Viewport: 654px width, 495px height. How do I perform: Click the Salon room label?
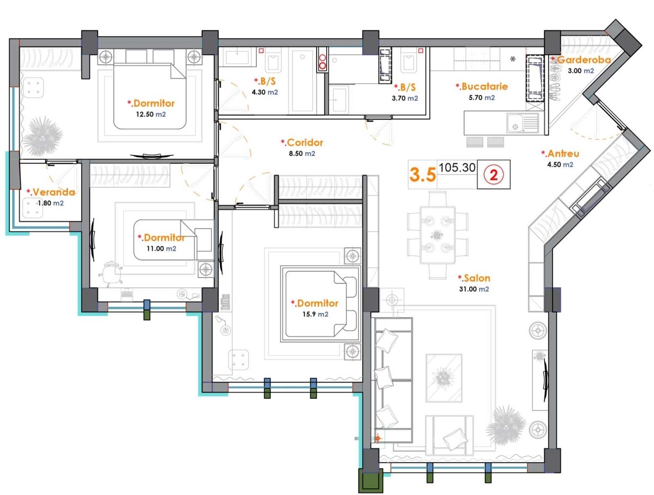click(x=474, y=278)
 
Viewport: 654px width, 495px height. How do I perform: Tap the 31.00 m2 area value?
click(x=474, y=289)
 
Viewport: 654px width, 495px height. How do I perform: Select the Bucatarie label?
click(x=482, y=86)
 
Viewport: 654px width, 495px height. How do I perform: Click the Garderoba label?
click(x=581, y=59)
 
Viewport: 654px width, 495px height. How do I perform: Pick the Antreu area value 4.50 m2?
click(x=560, y=164)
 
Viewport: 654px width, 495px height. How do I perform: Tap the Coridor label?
click(x=302, y=142)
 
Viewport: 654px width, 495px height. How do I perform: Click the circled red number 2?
click(x=494, y=175)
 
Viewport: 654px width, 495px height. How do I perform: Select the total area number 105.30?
click(x=457, y=167)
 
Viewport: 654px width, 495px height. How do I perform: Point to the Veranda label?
click(x=51, y=192)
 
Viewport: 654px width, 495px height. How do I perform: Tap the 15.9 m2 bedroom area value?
click(x=316, y=314)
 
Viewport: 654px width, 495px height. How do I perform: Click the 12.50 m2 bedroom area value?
click(x=151, y=114)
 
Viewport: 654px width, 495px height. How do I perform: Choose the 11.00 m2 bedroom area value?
click(x=161, y=248)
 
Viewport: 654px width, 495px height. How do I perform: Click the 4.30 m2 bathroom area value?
click(x=265, y=92)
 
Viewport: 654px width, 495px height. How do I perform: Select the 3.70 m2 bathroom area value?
click(x=405, y=98)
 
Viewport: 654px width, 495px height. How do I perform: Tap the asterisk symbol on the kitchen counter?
click(x=513, y=59)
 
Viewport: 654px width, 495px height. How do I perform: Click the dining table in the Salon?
click(x=438, y=235)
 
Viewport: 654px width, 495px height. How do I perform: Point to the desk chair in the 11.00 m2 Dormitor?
click(x=111, y=274)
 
